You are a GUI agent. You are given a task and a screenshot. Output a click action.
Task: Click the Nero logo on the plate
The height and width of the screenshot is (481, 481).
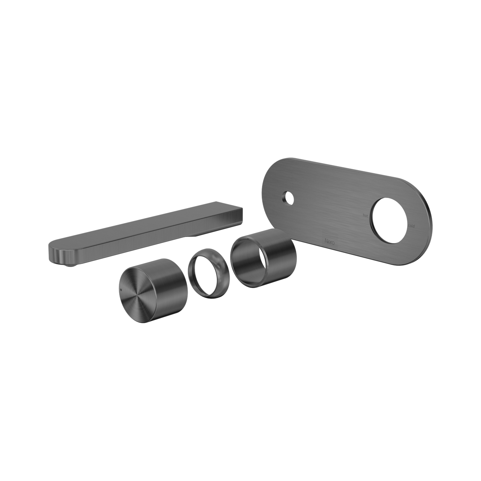(x=330, y=241)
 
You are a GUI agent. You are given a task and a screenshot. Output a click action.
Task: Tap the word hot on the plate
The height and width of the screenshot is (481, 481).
(x=365, y=215)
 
